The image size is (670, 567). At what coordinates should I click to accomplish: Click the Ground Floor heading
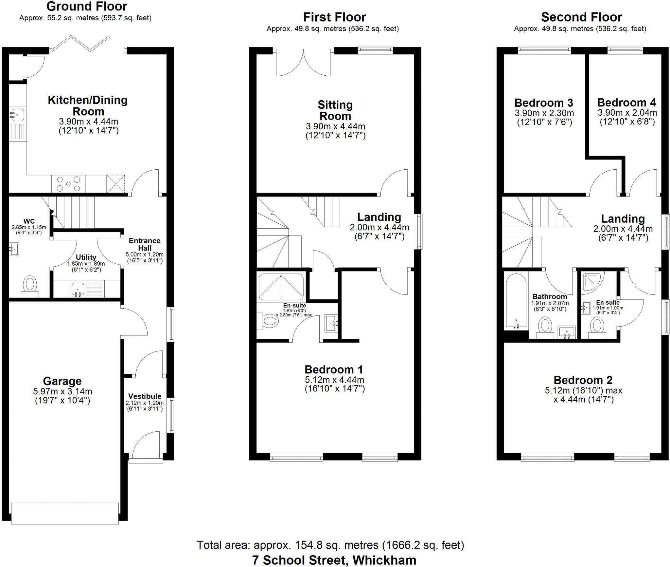point(87,6)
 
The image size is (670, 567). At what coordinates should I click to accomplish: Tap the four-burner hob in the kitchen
point(68,184)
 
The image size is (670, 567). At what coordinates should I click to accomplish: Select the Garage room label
point(62,381)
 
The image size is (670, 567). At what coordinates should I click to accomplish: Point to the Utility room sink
point(78,289)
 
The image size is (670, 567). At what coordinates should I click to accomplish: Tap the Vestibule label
point(145,396)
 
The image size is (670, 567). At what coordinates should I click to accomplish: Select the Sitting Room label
point(335,110)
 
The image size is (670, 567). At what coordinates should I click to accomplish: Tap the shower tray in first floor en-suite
point(281,287)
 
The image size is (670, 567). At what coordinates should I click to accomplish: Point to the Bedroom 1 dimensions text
point(334,385)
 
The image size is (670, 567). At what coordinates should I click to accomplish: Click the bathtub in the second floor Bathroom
point(516,301)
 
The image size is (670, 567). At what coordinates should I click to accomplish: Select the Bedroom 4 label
point(626,103)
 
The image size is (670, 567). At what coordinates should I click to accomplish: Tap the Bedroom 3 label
point(544,103)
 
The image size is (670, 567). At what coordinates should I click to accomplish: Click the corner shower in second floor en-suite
point(591,282)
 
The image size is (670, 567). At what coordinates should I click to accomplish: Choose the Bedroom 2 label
point(583,380)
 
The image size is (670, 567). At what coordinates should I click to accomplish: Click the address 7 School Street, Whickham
point(334,560)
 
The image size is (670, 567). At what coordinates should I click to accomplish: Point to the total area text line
point(330,545)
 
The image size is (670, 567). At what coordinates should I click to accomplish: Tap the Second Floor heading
point(581,17)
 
